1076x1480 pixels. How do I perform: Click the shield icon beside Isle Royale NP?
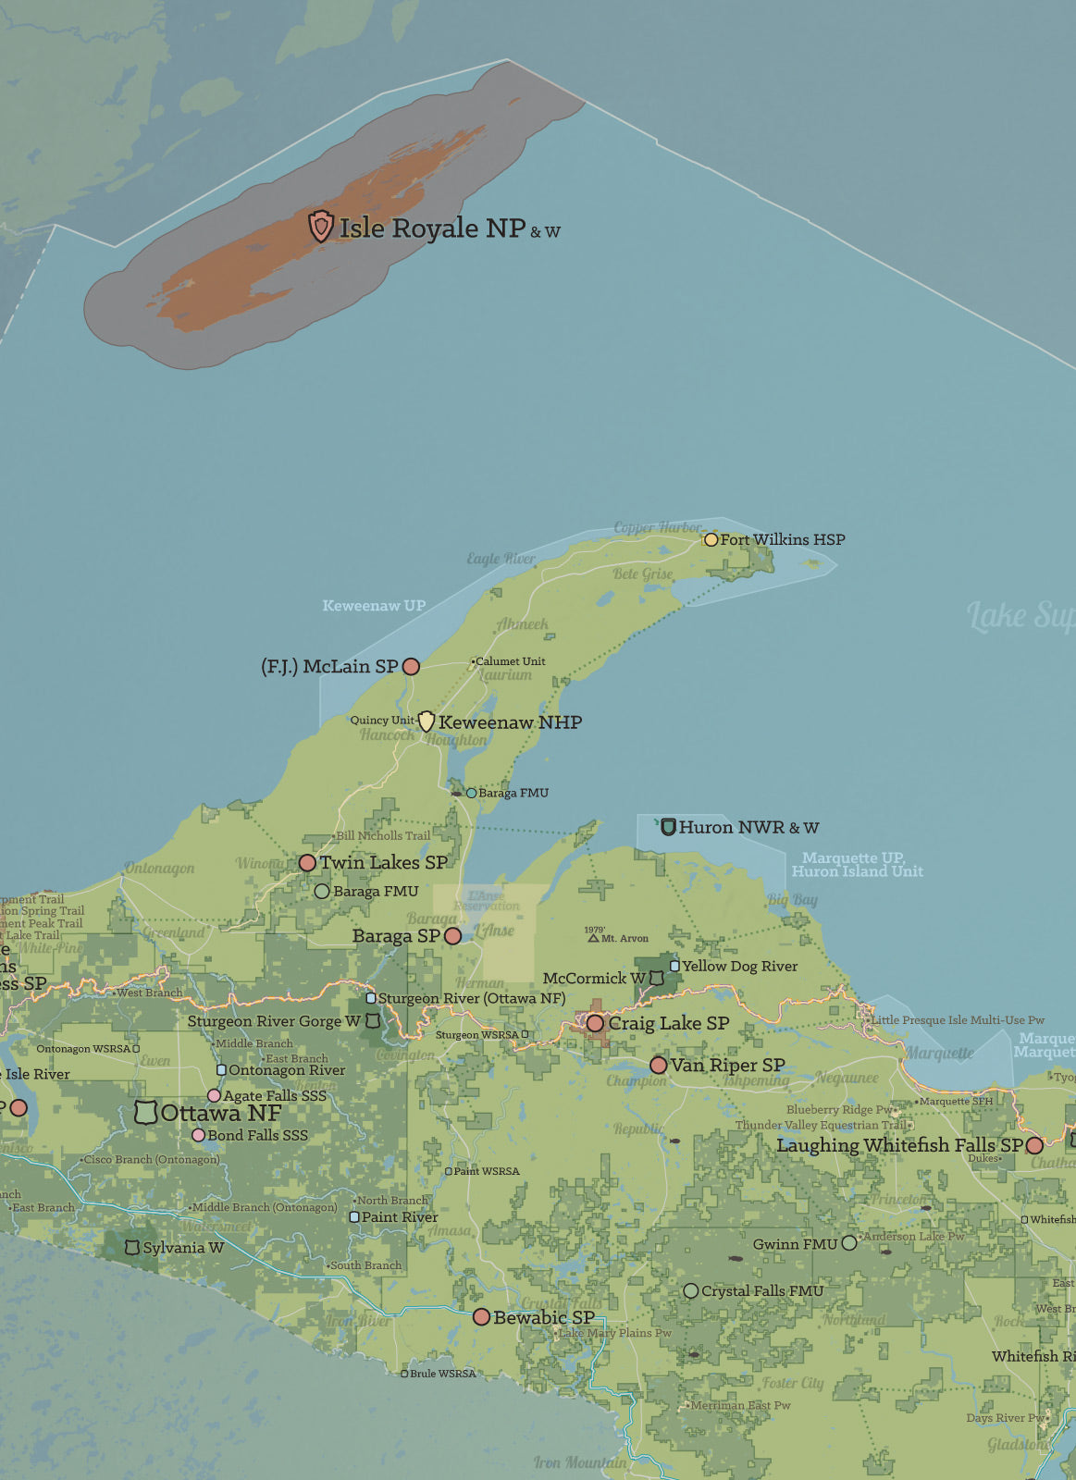[x=320, y=226]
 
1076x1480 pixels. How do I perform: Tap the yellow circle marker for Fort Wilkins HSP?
[x=711, y=539]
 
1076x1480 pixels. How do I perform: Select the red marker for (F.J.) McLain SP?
[x=412, y=666]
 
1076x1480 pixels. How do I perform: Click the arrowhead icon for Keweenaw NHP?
[x=427, y=721]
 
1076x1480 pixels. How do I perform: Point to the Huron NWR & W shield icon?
[x=668, y=826]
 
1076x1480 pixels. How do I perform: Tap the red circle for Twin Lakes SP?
[x=307, y=862]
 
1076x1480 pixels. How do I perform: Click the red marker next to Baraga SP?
[x=452, y=936]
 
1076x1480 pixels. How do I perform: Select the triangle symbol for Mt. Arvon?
[x=594, y=938]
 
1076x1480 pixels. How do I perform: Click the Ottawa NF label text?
[x=220, y=1113]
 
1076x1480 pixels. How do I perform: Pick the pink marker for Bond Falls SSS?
[x=198, y=1135]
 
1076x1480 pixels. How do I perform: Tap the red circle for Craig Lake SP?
[x=595, y=1023]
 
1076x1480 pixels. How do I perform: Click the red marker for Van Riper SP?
[x=658, y=1066]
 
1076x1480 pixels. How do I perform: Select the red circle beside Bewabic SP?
[x=481, y=1316]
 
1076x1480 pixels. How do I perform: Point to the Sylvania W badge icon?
[x=132, y=1248]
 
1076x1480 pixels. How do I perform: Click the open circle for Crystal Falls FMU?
[x=690, y=1290]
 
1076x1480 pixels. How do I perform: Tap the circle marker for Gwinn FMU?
[x=848, y=1243]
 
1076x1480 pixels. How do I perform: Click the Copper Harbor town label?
[x=658, y=527]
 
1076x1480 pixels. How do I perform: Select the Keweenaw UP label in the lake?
[x=374, y=606]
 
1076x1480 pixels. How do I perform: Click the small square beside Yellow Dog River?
[x=674, y=966]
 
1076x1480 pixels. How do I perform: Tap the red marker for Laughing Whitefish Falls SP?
[x=1034, y=1145]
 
